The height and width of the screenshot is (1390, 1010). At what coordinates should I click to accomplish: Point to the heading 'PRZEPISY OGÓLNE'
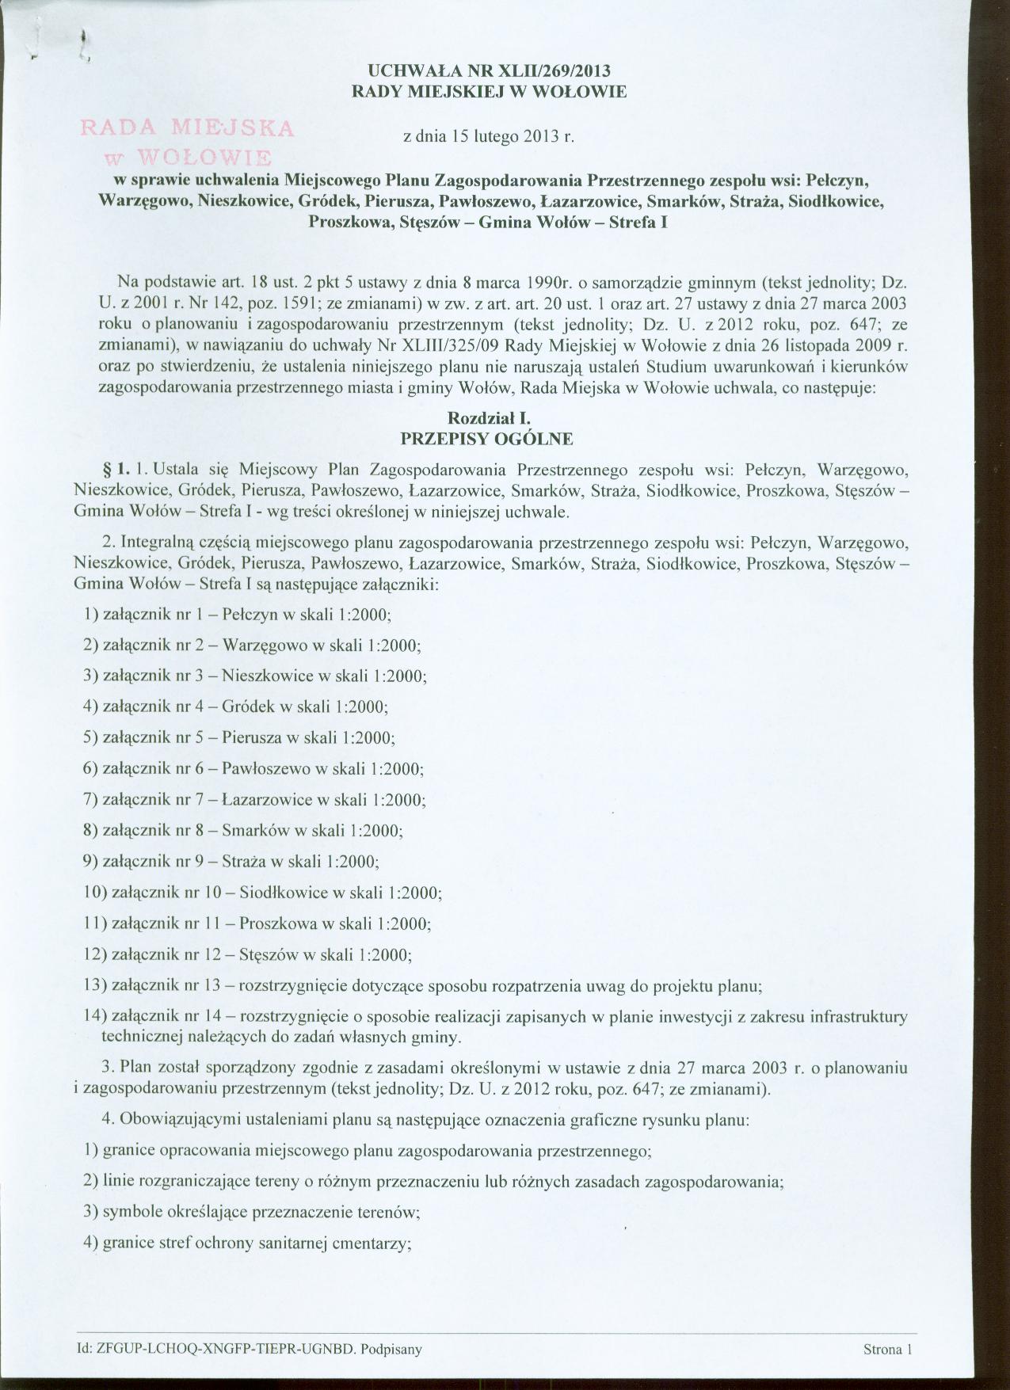488,437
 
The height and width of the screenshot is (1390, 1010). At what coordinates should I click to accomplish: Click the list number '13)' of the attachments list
96,985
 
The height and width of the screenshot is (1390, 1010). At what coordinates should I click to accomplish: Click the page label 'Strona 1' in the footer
888,1350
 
